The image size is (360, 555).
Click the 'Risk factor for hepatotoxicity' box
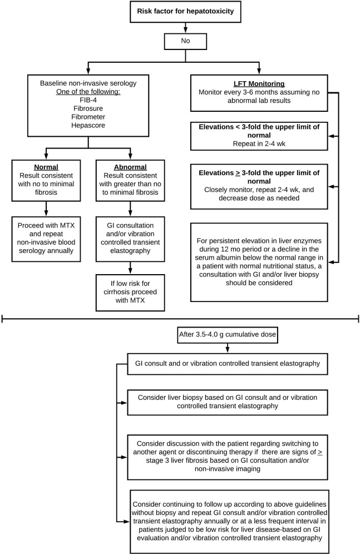pos(185,11)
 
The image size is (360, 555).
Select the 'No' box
pos(185,41)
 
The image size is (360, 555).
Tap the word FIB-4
pos(88,100)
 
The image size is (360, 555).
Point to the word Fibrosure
pos(88,108)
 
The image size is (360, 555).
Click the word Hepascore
pos(88,125)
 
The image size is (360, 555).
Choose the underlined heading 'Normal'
pos(46,167)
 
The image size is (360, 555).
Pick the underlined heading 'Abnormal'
pos(130,167)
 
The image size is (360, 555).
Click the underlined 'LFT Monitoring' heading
pos(259,84)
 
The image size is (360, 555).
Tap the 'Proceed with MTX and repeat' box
pos(46,239)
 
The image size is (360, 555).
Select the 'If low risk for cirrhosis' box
pos(130,293)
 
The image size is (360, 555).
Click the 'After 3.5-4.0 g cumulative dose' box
pos(227,335)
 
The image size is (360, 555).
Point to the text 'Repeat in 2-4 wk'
pos(259,143)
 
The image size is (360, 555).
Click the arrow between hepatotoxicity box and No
pos(185,28)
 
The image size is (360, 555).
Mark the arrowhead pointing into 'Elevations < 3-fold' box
pos(331,136)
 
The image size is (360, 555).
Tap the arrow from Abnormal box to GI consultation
pos(130,209)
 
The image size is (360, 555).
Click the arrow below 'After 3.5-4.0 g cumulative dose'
pos(227,348)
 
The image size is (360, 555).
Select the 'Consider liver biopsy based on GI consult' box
pos(227,403)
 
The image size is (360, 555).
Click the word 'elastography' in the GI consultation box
pos(130,251)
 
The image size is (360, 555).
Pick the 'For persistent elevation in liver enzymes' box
pos(259,262)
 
